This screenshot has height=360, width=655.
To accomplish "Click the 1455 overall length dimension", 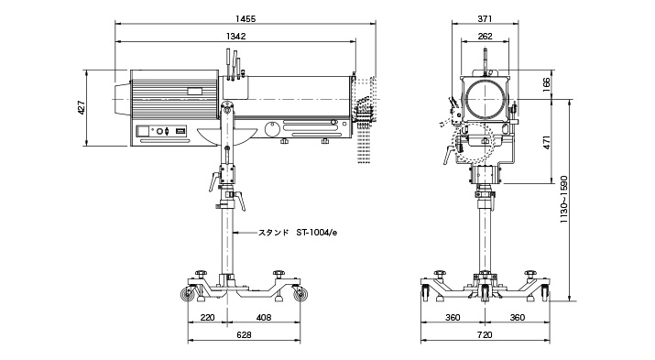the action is click(246, 18).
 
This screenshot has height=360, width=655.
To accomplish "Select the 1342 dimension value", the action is click(236, 37).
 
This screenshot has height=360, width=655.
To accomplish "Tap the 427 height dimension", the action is click(82, 108).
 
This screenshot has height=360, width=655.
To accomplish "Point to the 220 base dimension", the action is click(207, 317).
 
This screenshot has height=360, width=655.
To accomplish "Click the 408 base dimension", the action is click(263, 317).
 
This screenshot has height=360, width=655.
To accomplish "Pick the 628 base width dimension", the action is click(244, 335).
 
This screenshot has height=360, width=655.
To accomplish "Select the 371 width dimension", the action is click(485, 18).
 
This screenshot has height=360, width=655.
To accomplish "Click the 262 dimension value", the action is click(485, 37).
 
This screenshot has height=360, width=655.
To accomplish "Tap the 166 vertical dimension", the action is click(546, 85).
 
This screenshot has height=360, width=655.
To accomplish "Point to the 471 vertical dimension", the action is click(546, 142).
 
